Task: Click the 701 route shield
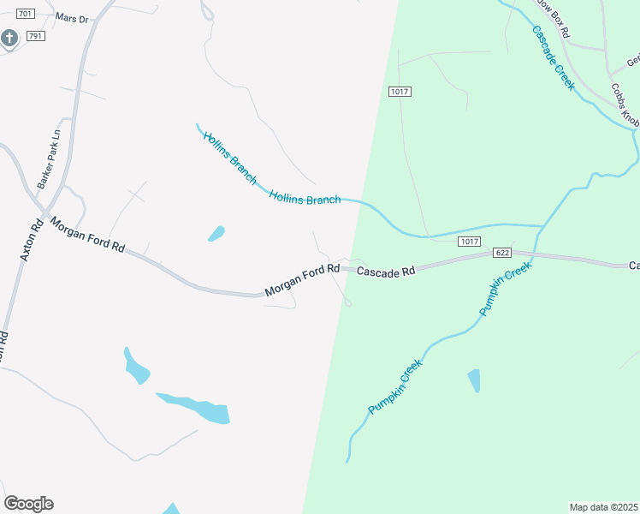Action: pos(25,15)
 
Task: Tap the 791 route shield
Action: pos(35,36)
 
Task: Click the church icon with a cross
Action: pos(9,38)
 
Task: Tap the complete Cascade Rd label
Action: pos(385,271)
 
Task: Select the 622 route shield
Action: pos(502,254)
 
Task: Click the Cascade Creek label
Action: pos(553,57)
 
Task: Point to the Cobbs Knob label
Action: pos(625,104)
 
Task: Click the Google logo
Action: pos(28,504)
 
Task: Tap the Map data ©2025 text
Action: pos(604,507)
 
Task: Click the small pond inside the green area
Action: pos(474,380)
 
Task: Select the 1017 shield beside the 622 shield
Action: pos(468,242)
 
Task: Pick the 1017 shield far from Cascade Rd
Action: pos(398,92)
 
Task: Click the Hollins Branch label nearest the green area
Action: pos(305,197)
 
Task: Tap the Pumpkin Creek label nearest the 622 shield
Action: pos(505,289)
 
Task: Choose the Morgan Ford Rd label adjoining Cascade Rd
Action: pos(301,280)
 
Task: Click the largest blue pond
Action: pos(197,408)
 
